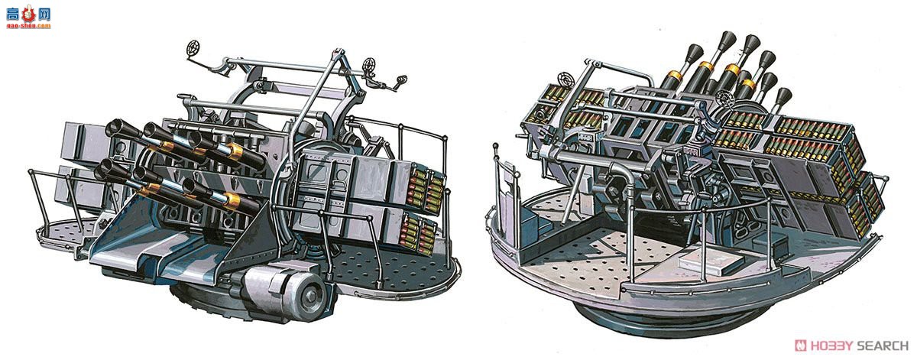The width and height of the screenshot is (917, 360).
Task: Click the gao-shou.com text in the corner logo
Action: (x=29, y=25)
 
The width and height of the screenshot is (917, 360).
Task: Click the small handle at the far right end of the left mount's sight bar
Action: (x=401, y=79)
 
